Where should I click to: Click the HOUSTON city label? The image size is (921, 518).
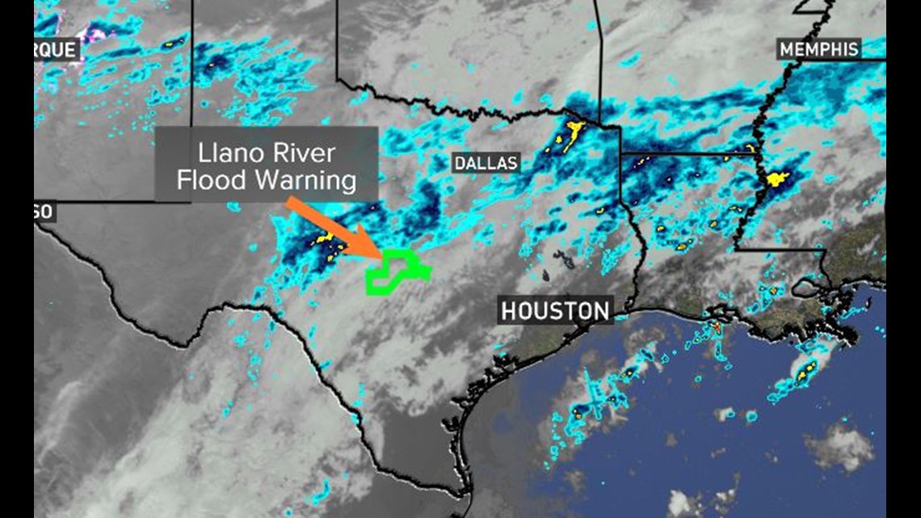click(x=555, y=310)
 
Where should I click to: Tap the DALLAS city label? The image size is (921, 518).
click(x=485, y=163)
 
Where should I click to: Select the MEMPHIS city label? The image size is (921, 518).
click(x=819, y=49)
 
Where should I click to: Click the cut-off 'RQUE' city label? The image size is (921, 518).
click(x=56, y=50)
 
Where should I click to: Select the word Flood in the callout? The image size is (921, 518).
click(x=212, y=179)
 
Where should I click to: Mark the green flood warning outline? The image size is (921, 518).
click(x=396, y=272)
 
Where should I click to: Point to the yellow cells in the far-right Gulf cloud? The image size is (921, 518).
click(x=805, y=373)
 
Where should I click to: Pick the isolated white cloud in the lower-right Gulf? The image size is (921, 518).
click(x=840, y=446)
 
